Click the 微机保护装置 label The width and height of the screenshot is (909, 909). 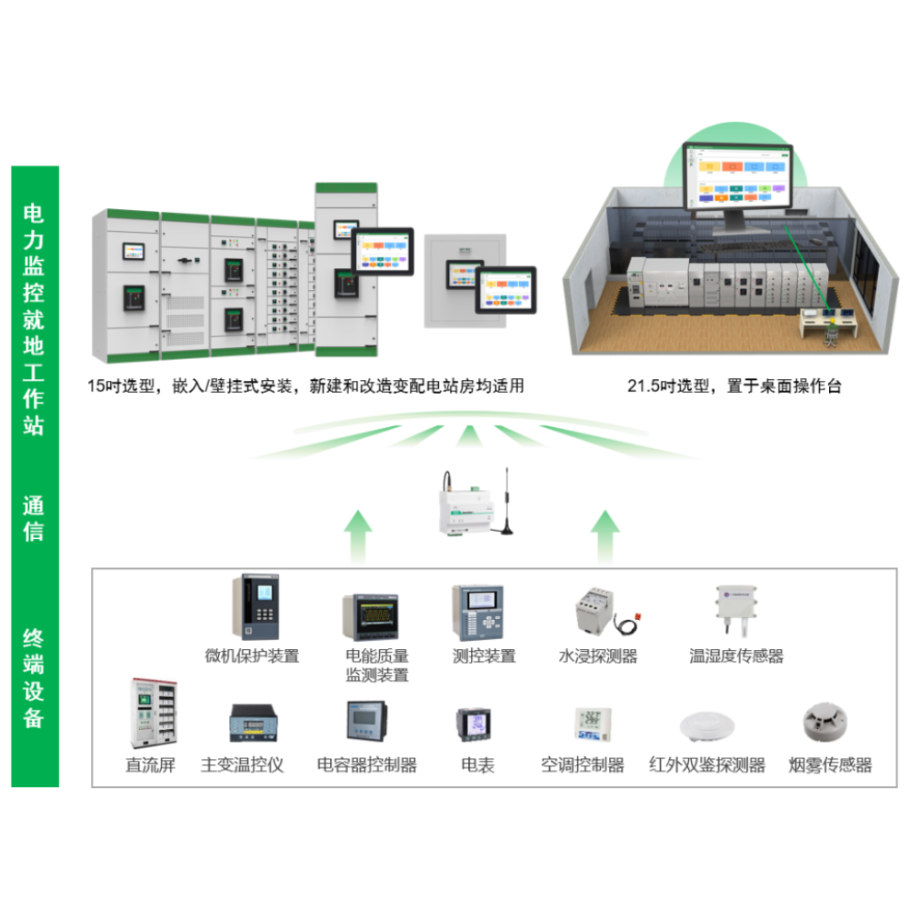point(252,655)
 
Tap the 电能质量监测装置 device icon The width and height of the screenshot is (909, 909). point(370,617)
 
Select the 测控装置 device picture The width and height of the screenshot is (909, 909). point(478,613)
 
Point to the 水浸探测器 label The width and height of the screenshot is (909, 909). point(597,655)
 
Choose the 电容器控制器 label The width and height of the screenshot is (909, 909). point(366,764)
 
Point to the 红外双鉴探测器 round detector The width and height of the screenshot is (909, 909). point(706,724)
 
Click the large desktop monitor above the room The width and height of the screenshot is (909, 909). point(737,178)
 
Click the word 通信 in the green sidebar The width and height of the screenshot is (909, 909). point(34,518)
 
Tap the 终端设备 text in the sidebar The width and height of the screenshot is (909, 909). point(34,677)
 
